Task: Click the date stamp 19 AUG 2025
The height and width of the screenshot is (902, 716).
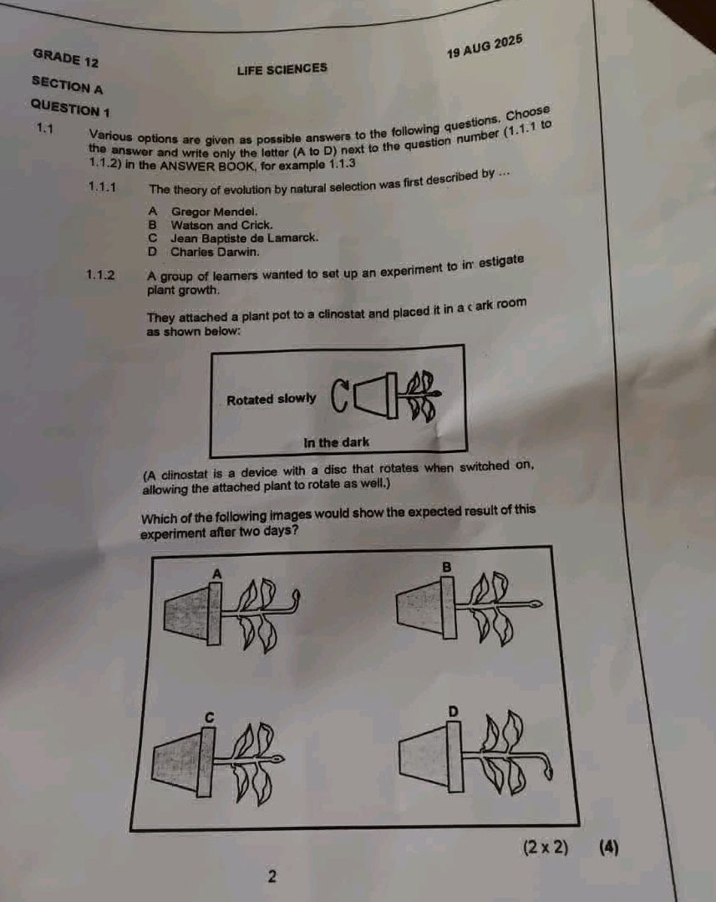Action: coord(485,47)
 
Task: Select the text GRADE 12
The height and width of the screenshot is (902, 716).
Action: coord(66,57)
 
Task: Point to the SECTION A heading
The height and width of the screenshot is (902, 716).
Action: coord(68,84)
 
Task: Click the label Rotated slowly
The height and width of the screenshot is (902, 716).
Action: coord(272,400)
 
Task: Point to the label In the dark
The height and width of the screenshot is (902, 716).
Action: coord(336,442)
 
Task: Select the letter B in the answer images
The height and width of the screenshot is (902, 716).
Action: coord(446,568)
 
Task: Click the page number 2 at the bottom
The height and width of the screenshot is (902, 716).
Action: coord(272,876)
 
